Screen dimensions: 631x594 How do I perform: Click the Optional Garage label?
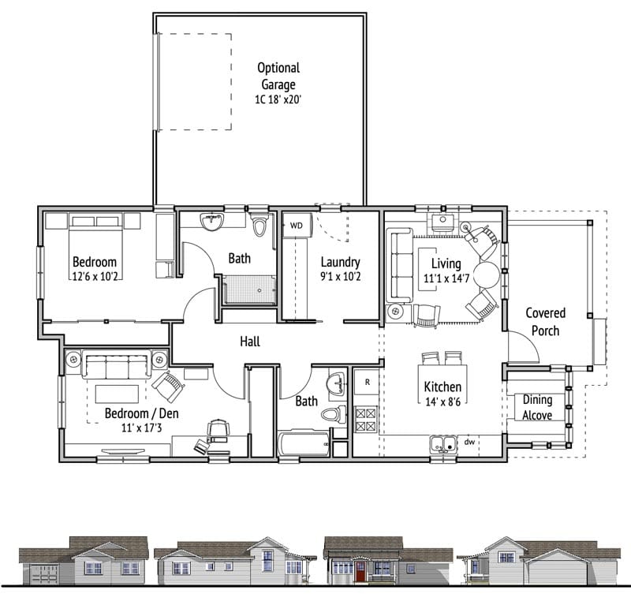278,76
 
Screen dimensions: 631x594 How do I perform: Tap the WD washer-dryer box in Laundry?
297,226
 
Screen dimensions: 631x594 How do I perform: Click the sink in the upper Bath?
211,222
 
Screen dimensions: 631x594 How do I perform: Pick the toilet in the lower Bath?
334,414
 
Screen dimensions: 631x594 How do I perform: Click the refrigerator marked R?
367,382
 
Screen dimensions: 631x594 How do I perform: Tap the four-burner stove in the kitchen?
366,420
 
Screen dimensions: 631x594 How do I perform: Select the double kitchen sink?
443,444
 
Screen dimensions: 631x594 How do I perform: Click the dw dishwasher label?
469,442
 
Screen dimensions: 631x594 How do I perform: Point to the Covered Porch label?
545,322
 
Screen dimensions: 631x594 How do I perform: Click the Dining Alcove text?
537,407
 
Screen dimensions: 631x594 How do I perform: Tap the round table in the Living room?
486,275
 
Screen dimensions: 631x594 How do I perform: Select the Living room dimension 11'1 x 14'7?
446,278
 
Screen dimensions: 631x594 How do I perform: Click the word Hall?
250,342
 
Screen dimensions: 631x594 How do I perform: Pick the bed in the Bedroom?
95,246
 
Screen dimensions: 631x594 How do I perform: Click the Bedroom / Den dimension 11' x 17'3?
142,428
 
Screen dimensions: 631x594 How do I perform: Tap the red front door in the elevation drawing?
360,570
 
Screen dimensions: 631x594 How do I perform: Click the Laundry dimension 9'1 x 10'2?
341,277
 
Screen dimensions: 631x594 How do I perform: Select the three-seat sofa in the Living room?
400,265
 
